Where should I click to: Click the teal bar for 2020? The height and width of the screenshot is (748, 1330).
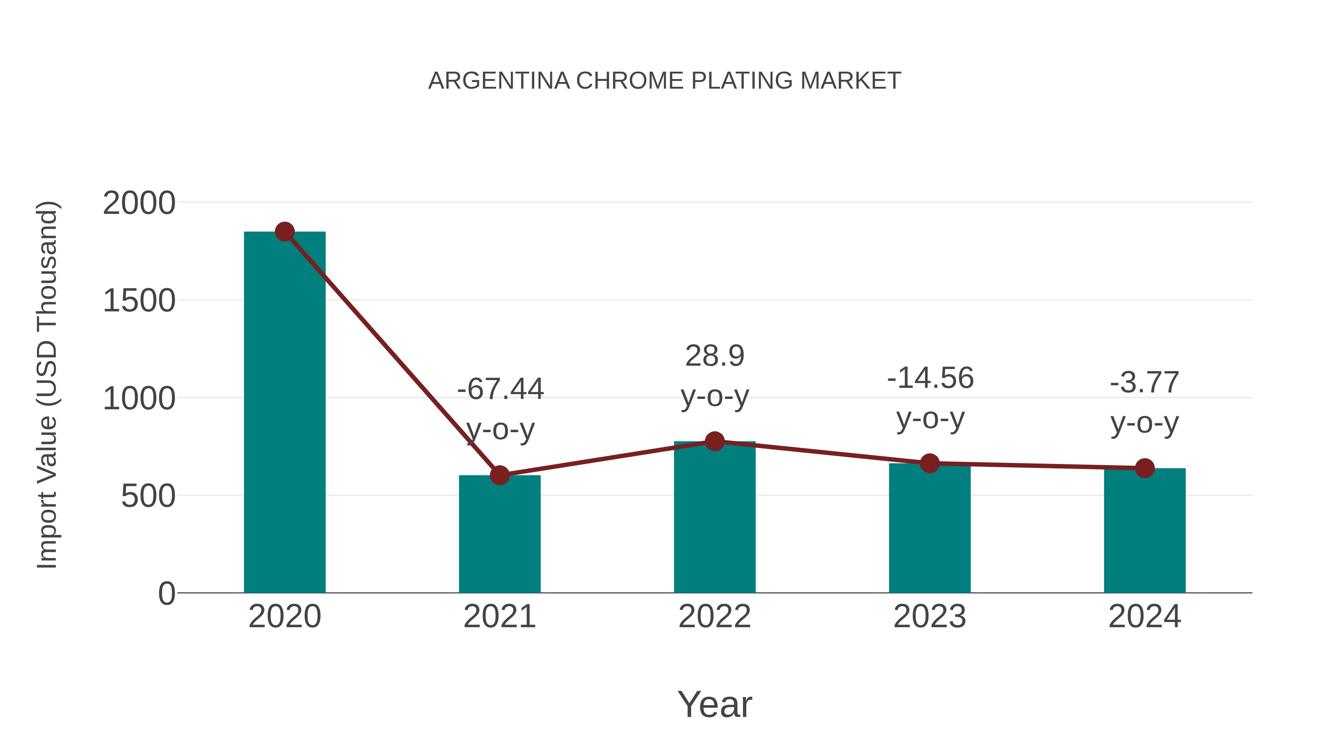(284, 413)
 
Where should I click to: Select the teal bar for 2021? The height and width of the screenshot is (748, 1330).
(499, 534)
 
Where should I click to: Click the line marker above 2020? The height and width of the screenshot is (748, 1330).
(284, 232)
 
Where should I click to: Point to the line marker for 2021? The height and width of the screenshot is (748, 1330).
(499, 475)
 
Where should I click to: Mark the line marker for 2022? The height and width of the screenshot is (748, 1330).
(715, 441)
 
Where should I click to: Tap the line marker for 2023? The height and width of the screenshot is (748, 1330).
(930, 464)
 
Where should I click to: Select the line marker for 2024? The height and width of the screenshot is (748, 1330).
(1145, 468)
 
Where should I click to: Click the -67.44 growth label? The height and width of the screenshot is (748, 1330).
(500, 389)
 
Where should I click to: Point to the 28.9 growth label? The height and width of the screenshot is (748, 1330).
(715, 356)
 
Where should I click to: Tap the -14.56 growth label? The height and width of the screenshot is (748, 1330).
(930, 378)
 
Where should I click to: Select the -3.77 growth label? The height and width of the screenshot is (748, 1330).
(1145, 383)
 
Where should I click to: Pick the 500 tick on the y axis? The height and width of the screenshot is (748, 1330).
(148, 496)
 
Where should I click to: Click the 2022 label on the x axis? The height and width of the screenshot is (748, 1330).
(715, 616)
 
